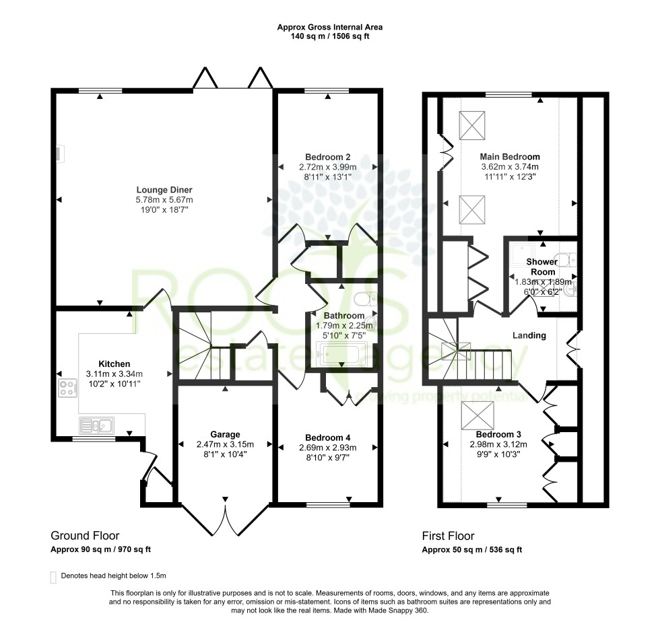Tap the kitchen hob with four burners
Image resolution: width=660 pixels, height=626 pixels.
67,388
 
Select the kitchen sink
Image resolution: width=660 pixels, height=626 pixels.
96,425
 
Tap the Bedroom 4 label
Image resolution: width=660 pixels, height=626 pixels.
327,436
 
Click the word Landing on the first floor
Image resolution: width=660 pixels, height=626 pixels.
529,335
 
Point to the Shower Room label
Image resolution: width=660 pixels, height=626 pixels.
541,267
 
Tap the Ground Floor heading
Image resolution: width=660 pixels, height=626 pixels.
85,536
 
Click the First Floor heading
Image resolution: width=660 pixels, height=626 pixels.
448,536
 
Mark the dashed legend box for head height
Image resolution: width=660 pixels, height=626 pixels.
53,577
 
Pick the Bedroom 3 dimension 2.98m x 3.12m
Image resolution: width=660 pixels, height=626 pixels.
499,444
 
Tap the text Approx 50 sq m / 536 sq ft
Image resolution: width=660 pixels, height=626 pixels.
472,549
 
